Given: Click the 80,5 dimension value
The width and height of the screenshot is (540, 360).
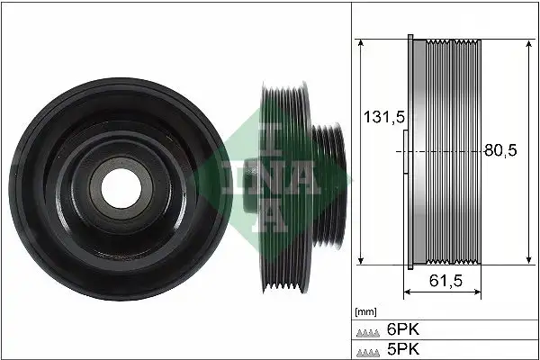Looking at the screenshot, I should pos(500,151).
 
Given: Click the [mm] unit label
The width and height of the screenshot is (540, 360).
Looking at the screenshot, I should pos(365,311).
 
